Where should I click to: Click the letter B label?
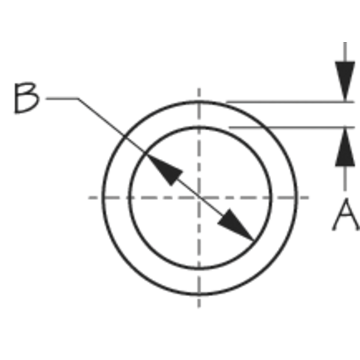pos(27,98)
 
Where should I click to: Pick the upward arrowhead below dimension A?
pos(345,147)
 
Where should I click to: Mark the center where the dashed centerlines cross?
pos(199,198)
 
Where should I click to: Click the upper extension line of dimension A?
pos(290,102)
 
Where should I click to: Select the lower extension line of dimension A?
pos(292,127)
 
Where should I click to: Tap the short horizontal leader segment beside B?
pos(62,99)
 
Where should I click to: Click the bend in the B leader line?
pos(79,99)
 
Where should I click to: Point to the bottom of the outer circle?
pos(199,294)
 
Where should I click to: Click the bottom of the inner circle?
pos(199,268)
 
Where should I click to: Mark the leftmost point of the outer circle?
pos(103,198)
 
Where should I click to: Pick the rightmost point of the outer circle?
pos(296,198)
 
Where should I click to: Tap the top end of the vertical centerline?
pos(199,88)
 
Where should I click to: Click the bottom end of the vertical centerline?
pos(199,307)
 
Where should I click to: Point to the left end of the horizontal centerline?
pos(89,198)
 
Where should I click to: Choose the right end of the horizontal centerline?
pos(308,198)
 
